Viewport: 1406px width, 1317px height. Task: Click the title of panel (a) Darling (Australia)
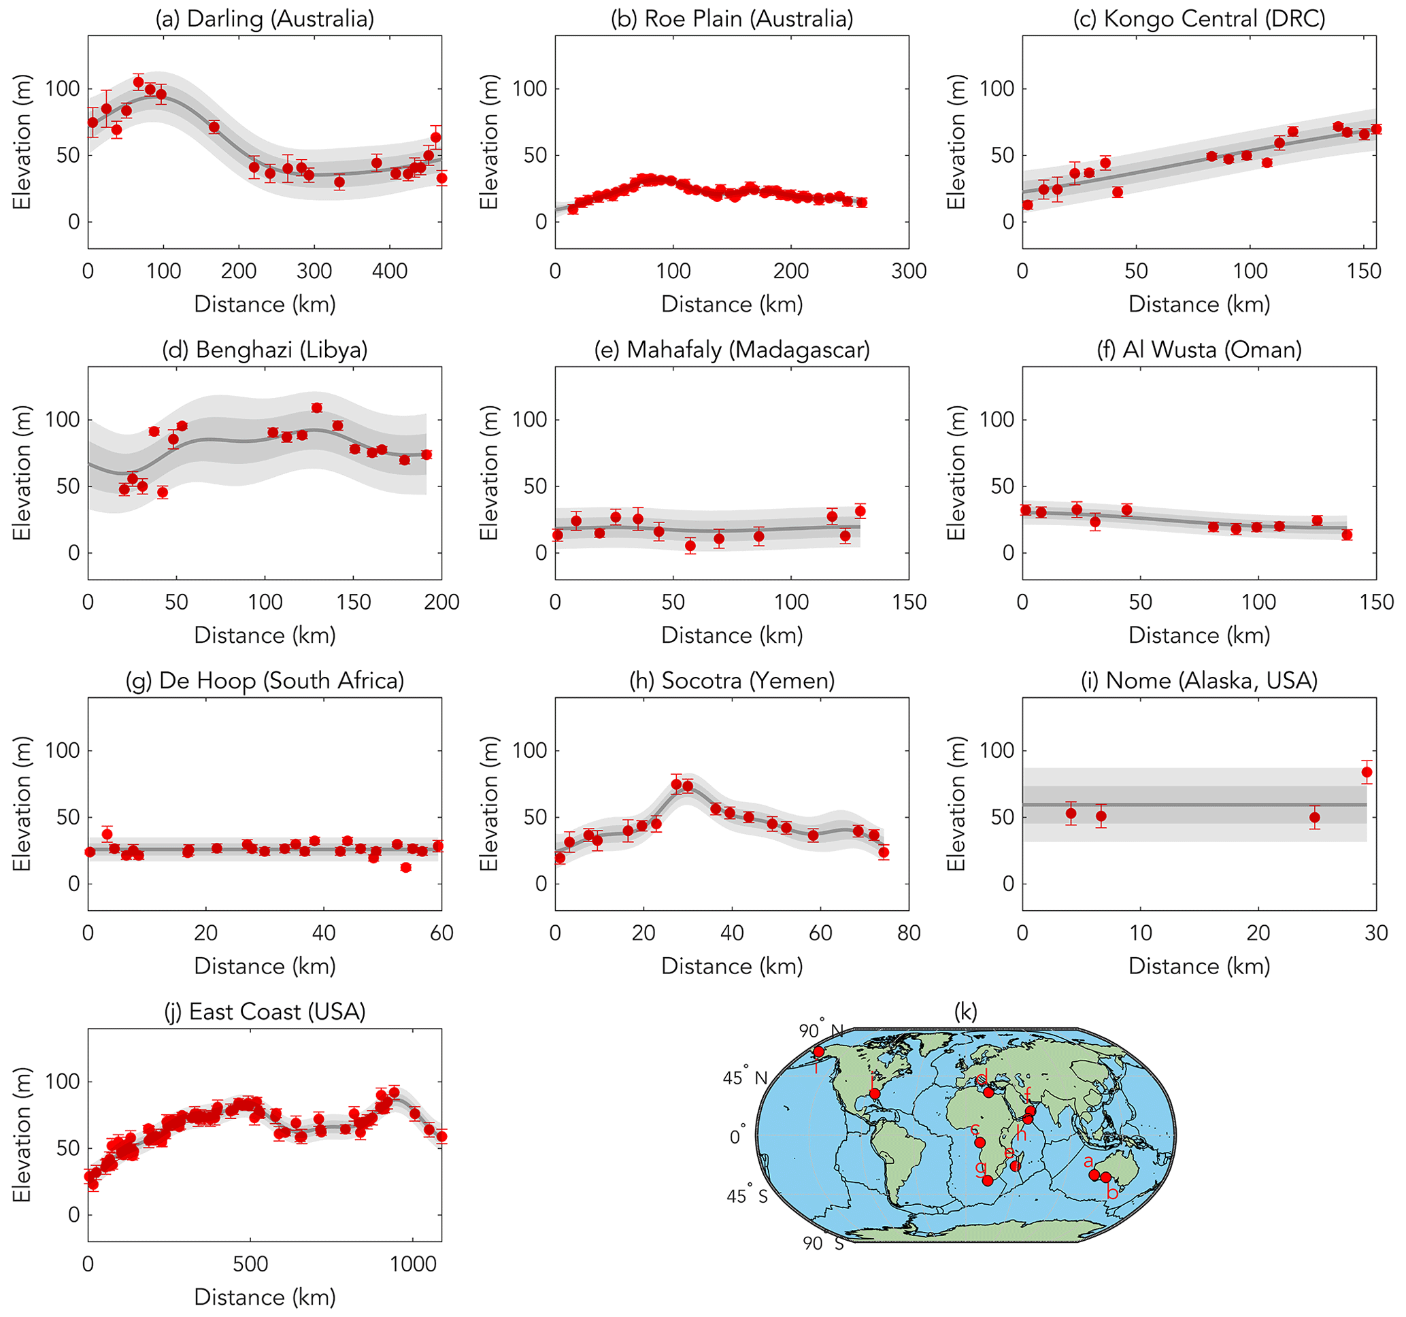(265, 18)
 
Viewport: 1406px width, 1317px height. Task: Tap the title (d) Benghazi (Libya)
(265, 350)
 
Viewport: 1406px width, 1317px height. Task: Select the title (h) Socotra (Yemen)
(732, 680)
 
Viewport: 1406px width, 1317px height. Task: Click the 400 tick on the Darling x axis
(390, 271)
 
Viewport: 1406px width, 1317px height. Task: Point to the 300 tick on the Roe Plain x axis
(909, 271)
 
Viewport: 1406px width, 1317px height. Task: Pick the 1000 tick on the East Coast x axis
(413, 1264)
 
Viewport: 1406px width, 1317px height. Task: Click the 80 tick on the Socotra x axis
(909, 933)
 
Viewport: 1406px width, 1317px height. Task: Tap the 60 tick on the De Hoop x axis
(441, 933)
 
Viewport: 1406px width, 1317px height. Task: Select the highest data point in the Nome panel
(1367, 771)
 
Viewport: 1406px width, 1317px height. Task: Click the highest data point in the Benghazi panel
(317, 407)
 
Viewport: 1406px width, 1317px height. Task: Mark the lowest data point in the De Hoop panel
(405, 867)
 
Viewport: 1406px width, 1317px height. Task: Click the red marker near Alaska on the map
(819, 1052)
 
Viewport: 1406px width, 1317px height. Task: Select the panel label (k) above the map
(965, 1012)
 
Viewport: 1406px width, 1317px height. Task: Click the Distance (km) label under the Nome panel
(1199, 966)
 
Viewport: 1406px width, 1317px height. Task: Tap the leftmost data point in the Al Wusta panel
(1026, 510)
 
